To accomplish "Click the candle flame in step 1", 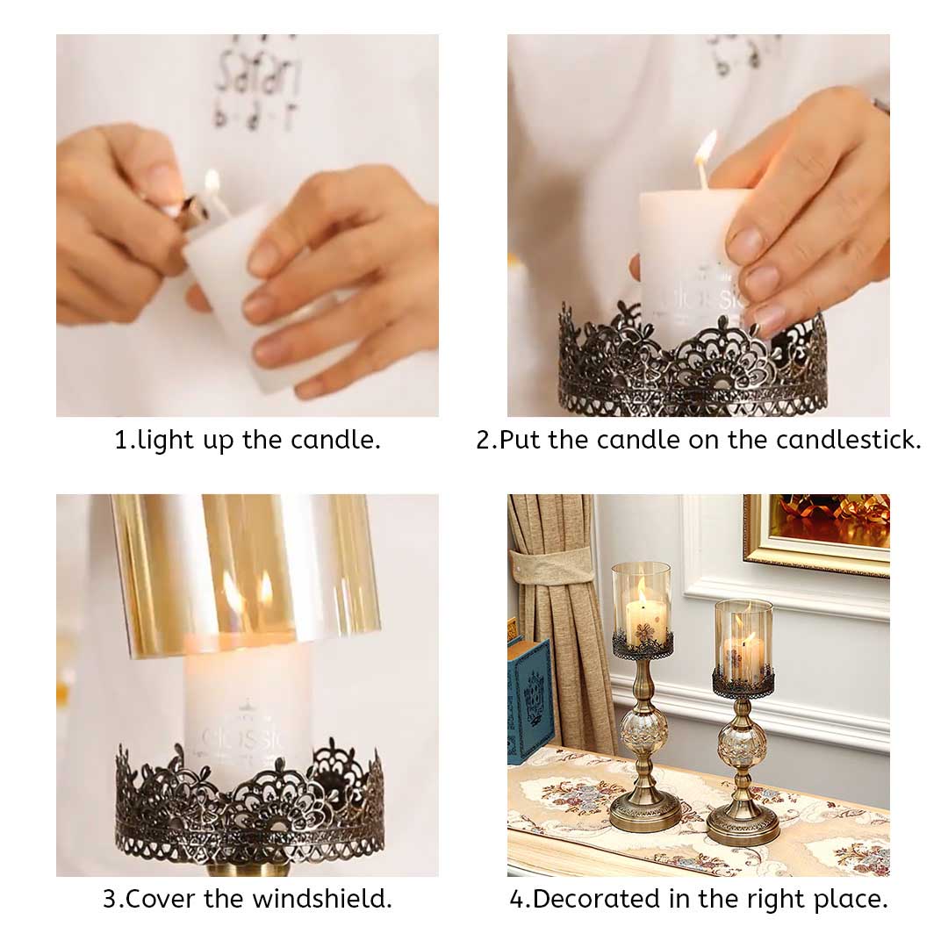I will point(212,182).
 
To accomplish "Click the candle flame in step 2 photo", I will point(706,147).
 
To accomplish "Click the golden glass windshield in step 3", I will point(247,571).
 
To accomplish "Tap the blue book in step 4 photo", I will point(530,701).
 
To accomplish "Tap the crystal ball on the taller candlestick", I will point(644,729).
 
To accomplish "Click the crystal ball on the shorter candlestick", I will point(743,747).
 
